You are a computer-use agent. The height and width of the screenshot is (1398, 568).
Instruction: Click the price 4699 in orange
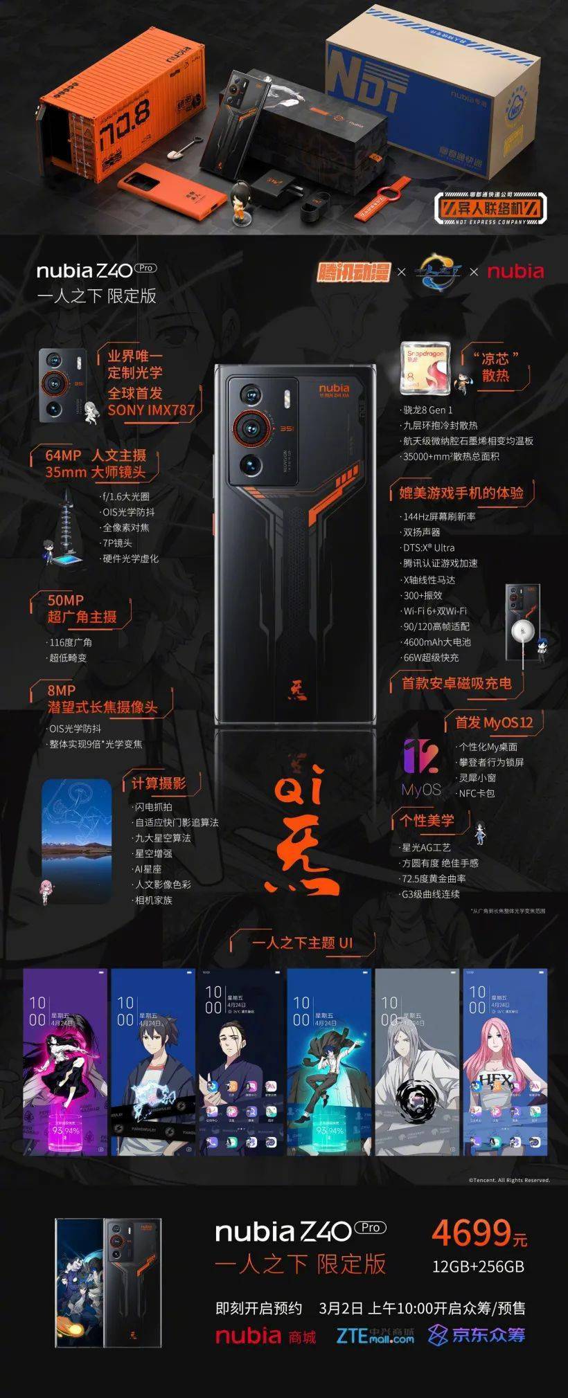tap(470, 1233)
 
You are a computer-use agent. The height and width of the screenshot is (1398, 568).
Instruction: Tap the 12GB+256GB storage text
tap(478, 1267)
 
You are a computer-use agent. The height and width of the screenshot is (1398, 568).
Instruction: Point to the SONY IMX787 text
tap(151, 410)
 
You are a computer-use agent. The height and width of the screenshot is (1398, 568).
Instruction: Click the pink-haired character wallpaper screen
tap(505, 1062)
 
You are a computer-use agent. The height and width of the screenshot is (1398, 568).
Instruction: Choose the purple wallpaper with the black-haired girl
tap(66, 1062)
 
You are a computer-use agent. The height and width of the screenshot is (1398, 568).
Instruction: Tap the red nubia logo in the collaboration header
tap(515, 271)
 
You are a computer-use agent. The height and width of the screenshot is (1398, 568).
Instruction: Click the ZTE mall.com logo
tap(375, 1335)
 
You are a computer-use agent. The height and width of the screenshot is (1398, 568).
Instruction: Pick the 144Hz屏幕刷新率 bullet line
tap(439, 516)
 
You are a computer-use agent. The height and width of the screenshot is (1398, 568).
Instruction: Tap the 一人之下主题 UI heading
tap(302, 943)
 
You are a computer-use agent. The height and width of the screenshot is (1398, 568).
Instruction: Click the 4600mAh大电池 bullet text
tap(437, 642)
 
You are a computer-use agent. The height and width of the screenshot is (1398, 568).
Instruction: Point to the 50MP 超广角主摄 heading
tap(81, 608)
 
